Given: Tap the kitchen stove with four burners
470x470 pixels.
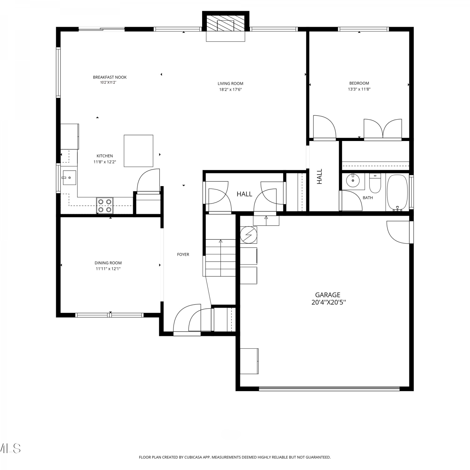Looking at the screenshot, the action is point(105,206).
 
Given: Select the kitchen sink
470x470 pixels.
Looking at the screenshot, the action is point(69,178).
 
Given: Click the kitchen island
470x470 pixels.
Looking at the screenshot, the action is point(138,151).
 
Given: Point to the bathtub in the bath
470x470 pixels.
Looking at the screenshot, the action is point(397,192).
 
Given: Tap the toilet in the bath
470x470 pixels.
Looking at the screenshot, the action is point(375,183).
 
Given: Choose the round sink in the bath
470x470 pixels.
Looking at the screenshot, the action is point(353,180).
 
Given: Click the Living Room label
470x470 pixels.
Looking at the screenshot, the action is point(230,84).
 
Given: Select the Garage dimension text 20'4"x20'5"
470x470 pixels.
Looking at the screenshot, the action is point(328,302).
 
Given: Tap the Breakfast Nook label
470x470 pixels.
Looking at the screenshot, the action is point(110,77).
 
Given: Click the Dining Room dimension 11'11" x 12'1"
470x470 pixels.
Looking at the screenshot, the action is point(108,269).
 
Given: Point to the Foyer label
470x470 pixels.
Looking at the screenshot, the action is point(183,255).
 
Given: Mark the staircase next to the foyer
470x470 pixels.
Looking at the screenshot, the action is point(221,258).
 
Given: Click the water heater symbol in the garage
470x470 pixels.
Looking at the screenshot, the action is point(248,235).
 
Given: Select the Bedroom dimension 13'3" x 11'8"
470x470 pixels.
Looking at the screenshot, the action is point(359,89).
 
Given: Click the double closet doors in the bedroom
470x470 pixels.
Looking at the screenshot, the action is point(383,129).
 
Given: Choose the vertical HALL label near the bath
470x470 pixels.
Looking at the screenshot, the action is point(320,177).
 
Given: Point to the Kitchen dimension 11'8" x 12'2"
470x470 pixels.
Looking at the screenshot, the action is point(105,162).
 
